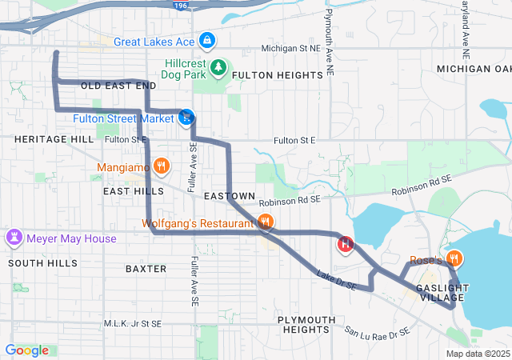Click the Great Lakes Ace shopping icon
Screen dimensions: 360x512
206,40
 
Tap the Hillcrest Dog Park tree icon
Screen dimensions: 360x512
218,67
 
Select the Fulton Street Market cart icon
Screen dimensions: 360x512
186,118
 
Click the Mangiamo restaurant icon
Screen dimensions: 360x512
161,166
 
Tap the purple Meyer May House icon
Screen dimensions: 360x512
14,238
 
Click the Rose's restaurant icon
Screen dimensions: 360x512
454,258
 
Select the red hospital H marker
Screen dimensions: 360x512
346,244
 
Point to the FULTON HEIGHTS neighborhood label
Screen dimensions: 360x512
278,75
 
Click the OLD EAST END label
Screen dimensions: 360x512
118,85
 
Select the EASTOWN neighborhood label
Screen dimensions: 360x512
229,196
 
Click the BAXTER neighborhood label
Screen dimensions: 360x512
146,269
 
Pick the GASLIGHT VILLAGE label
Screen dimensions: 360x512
442,293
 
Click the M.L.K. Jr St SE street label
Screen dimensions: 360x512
133,324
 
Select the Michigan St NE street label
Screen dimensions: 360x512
290,49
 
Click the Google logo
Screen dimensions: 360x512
27,350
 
